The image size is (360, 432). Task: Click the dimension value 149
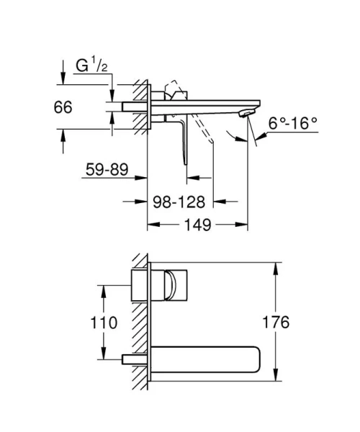tap(196, 225)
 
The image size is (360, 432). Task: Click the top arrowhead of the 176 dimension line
tap(275, 267)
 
